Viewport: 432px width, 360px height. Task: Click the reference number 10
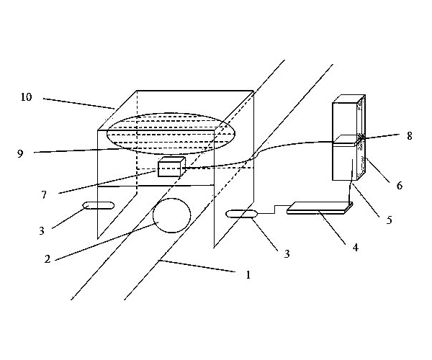coord(27,97)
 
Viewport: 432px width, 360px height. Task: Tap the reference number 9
coord(20,153)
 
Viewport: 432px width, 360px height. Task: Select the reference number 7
coord(44,195)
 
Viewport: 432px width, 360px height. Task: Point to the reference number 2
coord(48,259)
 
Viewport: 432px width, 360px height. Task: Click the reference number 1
coord(248,275)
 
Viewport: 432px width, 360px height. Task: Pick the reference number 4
coord(356,248)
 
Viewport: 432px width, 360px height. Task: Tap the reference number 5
coord(389,220)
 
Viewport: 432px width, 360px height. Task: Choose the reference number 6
coord(400,186)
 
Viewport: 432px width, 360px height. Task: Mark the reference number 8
coord(410,136)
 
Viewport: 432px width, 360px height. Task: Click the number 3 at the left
coord(42,231)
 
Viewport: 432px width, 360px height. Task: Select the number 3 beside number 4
coord(287,254)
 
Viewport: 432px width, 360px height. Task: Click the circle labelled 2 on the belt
coord(171,215)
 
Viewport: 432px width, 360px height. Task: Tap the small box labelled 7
coord(171,166)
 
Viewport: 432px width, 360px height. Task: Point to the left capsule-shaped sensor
coord(99,205)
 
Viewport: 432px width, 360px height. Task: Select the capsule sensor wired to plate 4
coord(241,214)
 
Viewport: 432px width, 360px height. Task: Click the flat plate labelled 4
coord(320,207)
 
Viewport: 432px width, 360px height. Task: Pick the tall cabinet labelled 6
coord(348,138)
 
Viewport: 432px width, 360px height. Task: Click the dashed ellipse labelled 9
coord(171,112)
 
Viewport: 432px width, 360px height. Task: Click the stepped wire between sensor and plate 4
coord(275,210)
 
